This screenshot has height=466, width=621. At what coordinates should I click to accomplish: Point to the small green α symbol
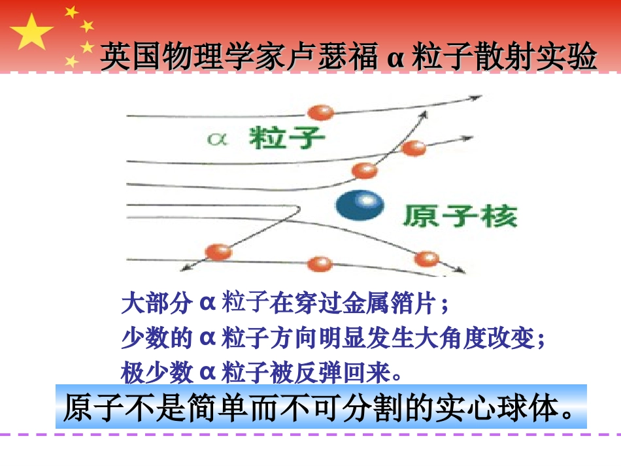[215, 139]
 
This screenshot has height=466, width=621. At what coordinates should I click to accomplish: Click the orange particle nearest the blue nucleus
[364, 171]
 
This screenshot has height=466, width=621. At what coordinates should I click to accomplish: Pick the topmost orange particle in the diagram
[320, 112]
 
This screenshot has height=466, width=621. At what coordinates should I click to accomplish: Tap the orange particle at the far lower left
[218, 252]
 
